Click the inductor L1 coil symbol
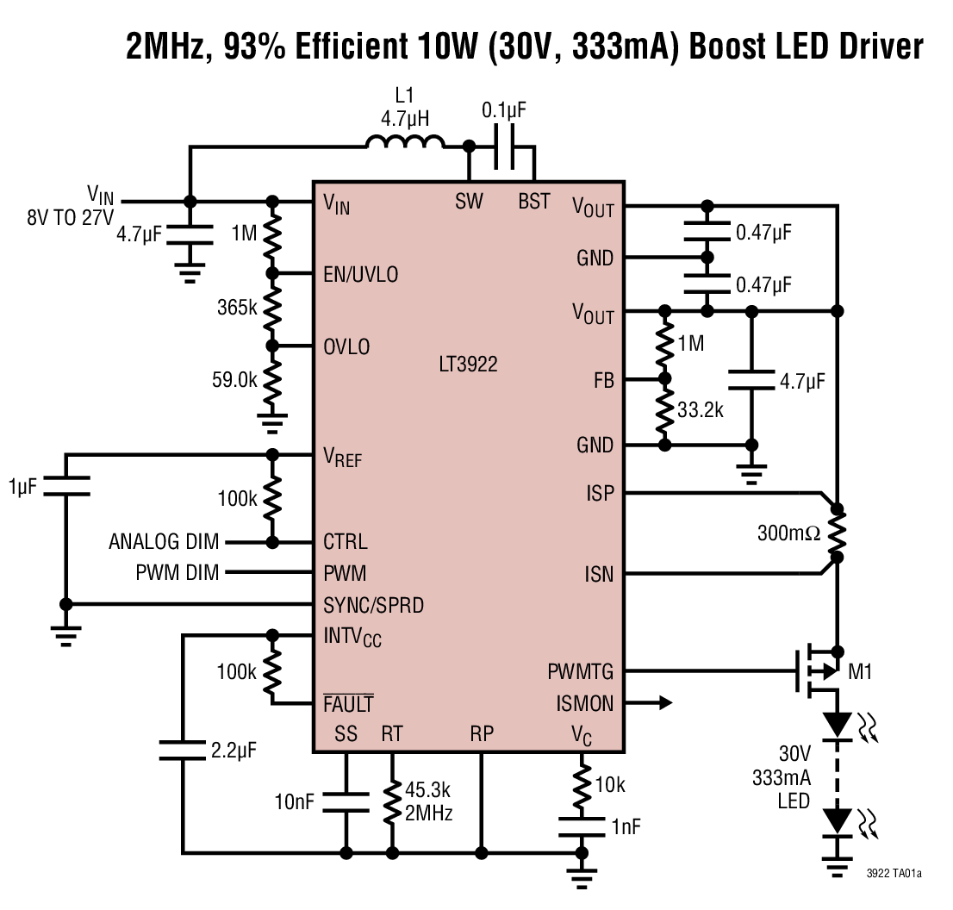405,143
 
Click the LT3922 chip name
468,365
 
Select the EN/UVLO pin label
360,275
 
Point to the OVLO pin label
346,347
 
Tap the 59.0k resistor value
233,379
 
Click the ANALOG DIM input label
164,543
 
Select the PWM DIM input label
178,573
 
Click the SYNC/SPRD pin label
373,606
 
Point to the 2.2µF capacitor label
234,750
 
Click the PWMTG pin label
580,671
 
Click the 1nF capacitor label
626,827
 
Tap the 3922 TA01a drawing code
894,874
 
